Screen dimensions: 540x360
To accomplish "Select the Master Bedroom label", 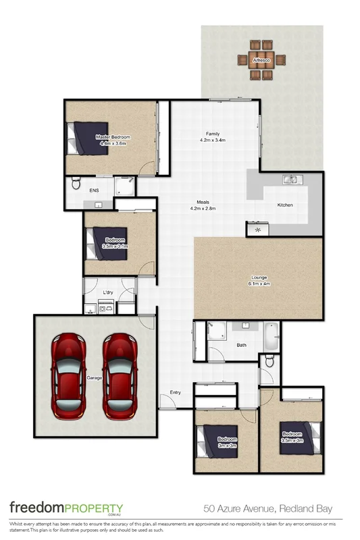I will point(113,137).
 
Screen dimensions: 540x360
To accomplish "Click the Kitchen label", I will point(285,205).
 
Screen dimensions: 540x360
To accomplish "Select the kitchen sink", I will point(292,180).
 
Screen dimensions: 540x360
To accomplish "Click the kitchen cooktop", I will point(257,230).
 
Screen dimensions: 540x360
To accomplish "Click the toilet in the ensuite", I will point(76,183).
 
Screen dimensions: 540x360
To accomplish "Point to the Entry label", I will point(176,392).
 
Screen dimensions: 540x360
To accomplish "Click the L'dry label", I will point(107,292).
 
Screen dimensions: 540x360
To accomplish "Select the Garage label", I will point(94,378).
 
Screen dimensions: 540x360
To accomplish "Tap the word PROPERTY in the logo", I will point(94,508).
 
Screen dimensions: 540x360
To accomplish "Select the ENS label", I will point(94,190).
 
